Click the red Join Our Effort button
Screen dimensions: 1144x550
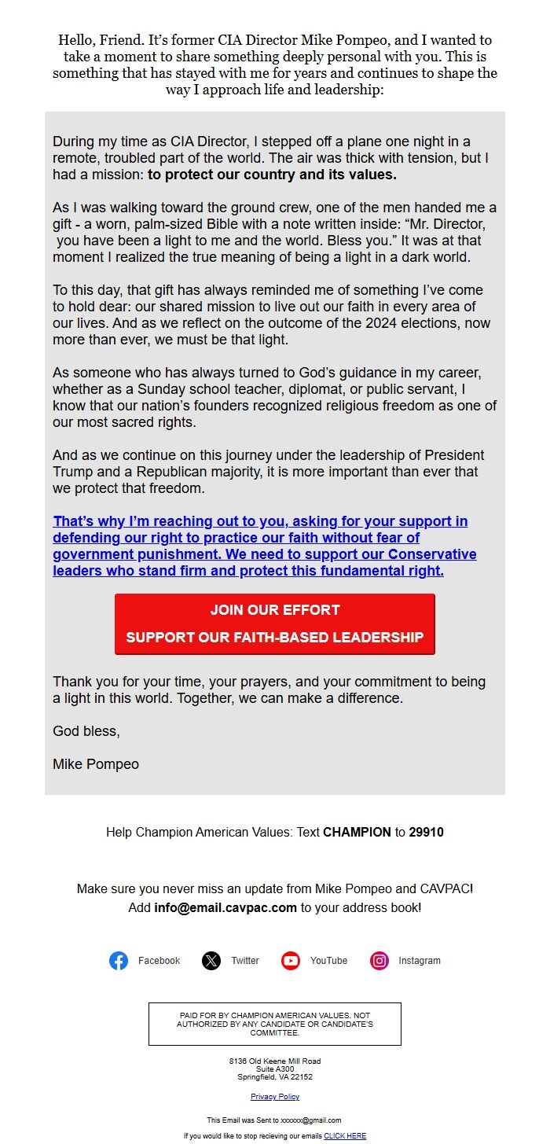(275, 623)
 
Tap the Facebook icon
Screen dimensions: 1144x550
(119, 960)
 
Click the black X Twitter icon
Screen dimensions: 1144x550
(211, 960)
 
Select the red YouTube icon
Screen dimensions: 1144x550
(291, 960)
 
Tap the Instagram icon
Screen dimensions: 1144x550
(379, 960)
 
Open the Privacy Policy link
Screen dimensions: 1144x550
(275, 1096)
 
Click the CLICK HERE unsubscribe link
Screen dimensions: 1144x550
(345, 1135)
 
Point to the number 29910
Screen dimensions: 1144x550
(426, 832)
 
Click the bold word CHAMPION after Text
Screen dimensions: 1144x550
(357, 832)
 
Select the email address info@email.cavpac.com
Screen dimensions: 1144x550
(225, 907)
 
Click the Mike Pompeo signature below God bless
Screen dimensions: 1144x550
(96, 763)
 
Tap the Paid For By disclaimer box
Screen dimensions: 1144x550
(275, 1024)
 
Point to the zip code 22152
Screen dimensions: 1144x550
(300, 1077)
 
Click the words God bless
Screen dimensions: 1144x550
(86, 730)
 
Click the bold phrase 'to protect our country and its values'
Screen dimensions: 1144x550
(272, 175)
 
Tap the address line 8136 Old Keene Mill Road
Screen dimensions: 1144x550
(275, 1061)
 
